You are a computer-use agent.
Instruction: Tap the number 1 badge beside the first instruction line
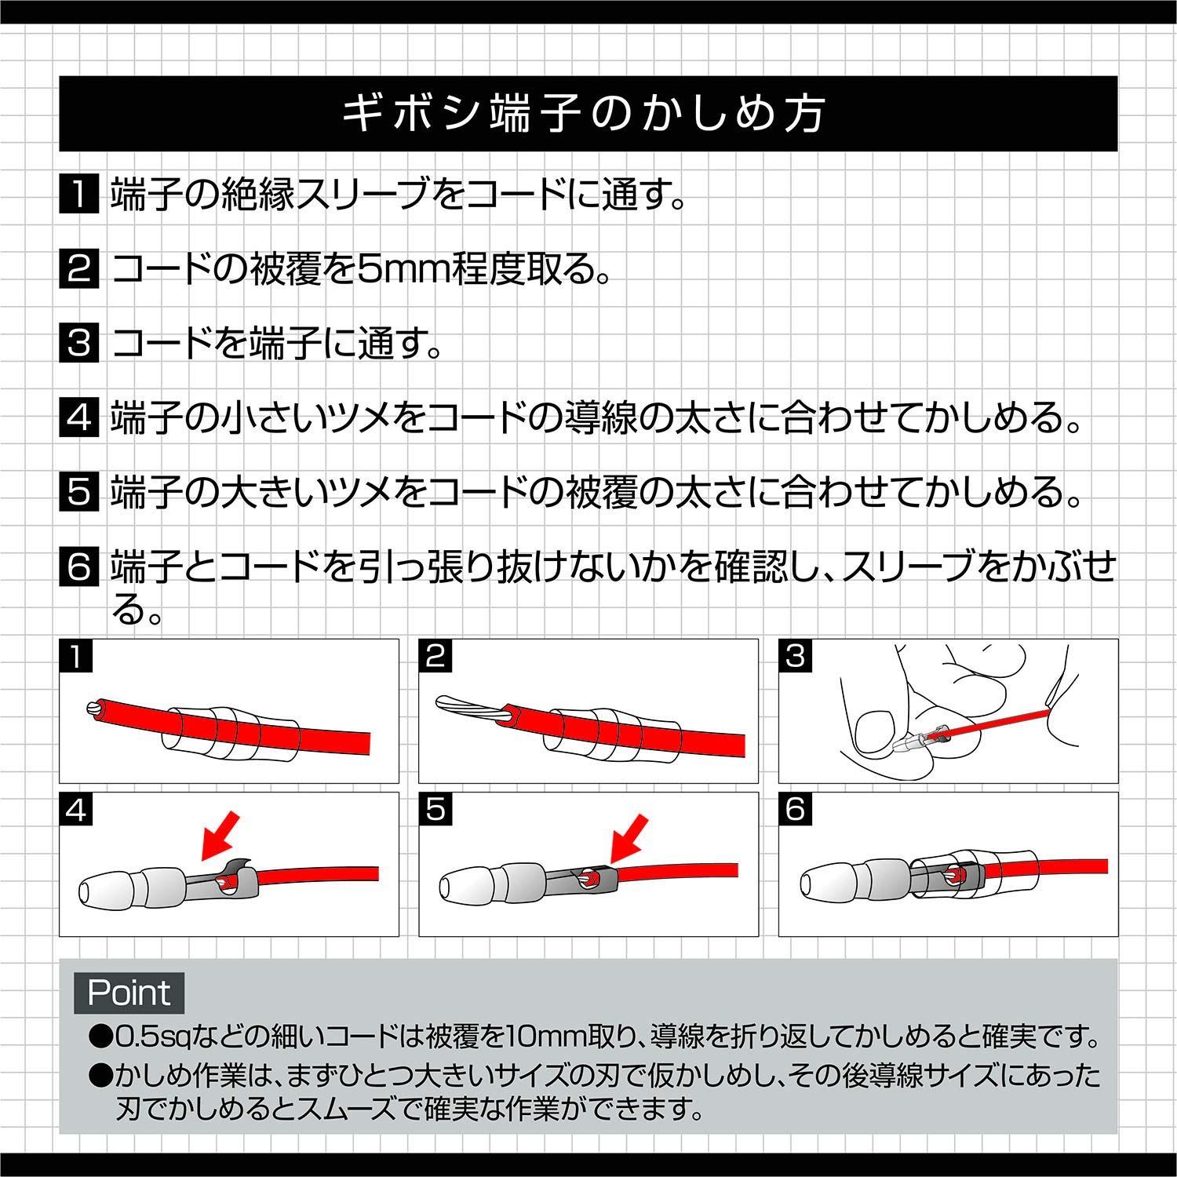(78, 194)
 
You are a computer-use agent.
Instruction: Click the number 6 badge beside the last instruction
(78, 567)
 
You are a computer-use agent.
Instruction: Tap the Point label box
(129, 993)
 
